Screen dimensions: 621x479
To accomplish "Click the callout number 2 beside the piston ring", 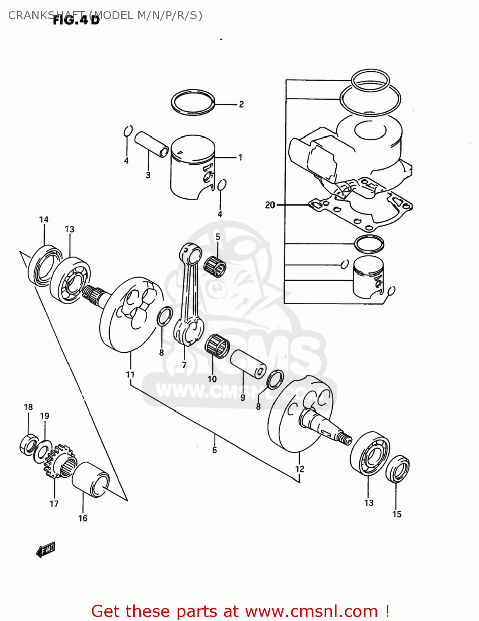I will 241,104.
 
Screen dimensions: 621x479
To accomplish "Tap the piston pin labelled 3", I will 152,143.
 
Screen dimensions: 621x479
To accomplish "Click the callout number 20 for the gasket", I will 270,205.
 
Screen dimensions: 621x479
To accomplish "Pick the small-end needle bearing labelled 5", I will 215,265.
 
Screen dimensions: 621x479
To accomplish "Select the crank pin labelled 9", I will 248,363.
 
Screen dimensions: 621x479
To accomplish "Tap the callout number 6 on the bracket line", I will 214,450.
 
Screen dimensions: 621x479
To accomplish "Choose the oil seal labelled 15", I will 398,469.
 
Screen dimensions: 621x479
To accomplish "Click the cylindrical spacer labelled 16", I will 91,479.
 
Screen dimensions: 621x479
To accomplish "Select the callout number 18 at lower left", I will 28,407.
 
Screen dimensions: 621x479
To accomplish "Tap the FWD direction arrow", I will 46,550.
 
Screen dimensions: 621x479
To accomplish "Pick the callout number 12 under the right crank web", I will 300,469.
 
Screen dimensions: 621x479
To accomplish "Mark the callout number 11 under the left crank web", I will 130,374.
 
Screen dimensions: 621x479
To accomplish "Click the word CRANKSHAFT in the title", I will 31,16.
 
